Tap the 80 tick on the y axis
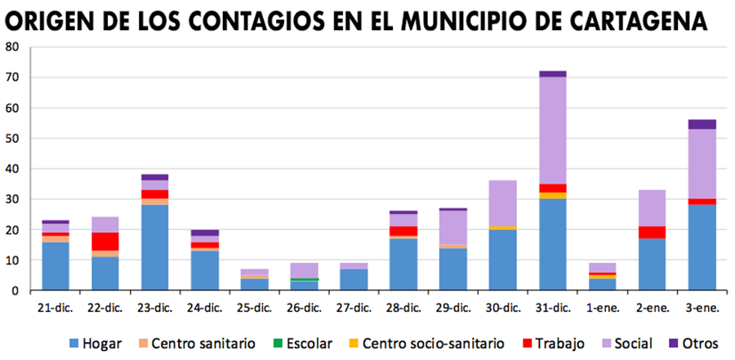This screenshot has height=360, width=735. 12,47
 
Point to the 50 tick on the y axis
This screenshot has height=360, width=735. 12,139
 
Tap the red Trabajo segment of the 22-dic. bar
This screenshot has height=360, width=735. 105,242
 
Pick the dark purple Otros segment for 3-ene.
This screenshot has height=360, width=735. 702,124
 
